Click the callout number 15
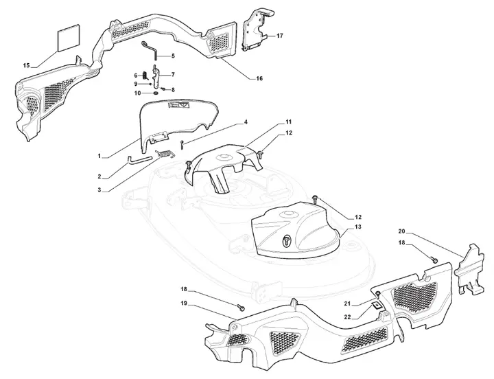click(26, 66)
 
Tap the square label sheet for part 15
click(69, 37)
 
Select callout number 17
click(280, 36)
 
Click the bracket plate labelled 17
click(257, 30)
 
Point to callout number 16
click(259, 78)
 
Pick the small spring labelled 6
click(145, 76)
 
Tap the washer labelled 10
click(156, 93)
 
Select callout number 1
click(99, 156)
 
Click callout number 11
click(289, 122)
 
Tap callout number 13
click(357, 227)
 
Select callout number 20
click(401, 231)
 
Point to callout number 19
click(185, 303)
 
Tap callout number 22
click(347, 317)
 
